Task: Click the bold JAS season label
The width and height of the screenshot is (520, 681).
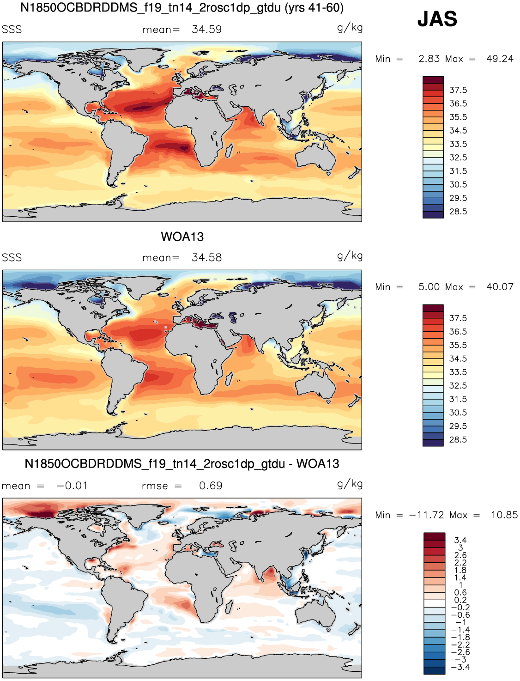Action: coord(437,19)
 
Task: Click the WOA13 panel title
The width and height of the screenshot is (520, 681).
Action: coord(182,237)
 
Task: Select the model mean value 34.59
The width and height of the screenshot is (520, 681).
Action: coord(206,30)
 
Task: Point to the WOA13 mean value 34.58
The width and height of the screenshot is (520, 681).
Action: coord(206,257)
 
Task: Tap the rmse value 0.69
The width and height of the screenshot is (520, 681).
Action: coord(211,486)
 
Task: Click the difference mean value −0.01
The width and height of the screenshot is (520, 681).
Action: coord(72,486)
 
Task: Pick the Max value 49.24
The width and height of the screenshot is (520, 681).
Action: coord(500,59)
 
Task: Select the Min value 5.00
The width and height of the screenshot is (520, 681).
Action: coord(429,286)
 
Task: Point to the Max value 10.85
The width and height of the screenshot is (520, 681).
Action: coord(504,515)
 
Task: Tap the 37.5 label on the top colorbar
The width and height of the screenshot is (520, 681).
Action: coord(458,90)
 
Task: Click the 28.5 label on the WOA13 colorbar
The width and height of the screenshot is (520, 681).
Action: coord(458,440)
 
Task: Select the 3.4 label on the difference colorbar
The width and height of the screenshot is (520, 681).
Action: coord(460,540)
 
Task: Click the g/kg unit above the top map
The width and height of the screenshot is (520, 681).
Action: coord(350,28)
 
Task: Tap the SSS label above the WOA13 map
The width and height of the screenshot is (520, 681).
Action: coord(12,257)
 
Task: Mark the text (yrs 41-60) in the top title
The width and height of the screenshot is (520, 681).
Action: coord(313,8)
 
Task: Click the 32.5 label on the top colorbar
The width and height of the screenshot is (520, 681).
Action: coord(458,158)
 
